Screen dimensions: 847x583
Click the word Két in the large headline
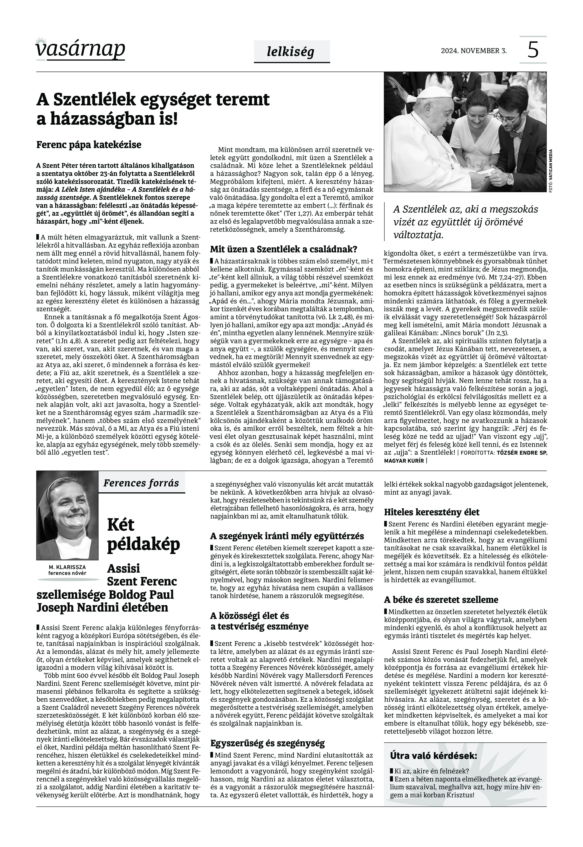[x=121, y=525]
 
